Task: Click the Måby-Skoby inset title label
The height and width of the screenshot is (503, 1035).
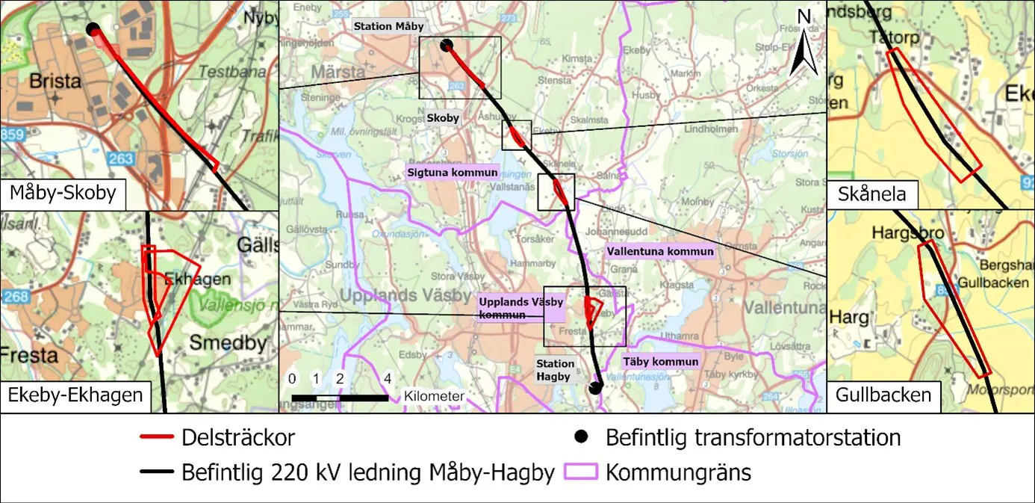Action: pyautogui.click(x=63, y=194)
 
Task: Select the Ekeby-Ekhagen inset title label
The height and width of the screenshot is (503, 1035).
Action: pyautogui.click(x=75, y=395)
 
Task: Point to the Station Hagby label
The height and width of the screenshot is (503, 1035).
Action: pyautogui.click(x=553, y=370)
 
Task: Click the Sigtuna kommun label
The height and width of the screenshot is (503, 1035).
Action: pyautogui.click(x=452, y=172)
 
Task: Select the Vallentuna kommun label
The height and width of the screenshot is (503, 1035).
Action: pyautogui.click(x=659, y=252)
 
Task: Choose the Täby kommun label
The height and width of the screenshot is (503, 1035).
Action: pyautogui.click(x=662, y=362)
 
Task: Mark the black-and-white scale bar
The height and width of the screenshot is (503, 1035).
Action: pyautogui.click(x=340, y=397)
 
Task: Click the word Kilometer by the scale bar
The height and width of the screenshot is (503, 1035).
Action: pyautogui.click(x=434, y=395)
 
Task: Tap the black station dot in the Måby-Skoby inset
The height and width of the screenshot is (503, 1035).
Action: pyautogui.click(x=93, y=29)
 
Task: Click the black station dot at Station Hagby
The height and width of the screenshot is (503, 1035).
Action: pyautogui.click(x=594, y=388)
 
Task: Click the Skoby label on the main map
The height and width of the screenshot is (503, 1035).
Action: pyautogui.click(x=443, y=118)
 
